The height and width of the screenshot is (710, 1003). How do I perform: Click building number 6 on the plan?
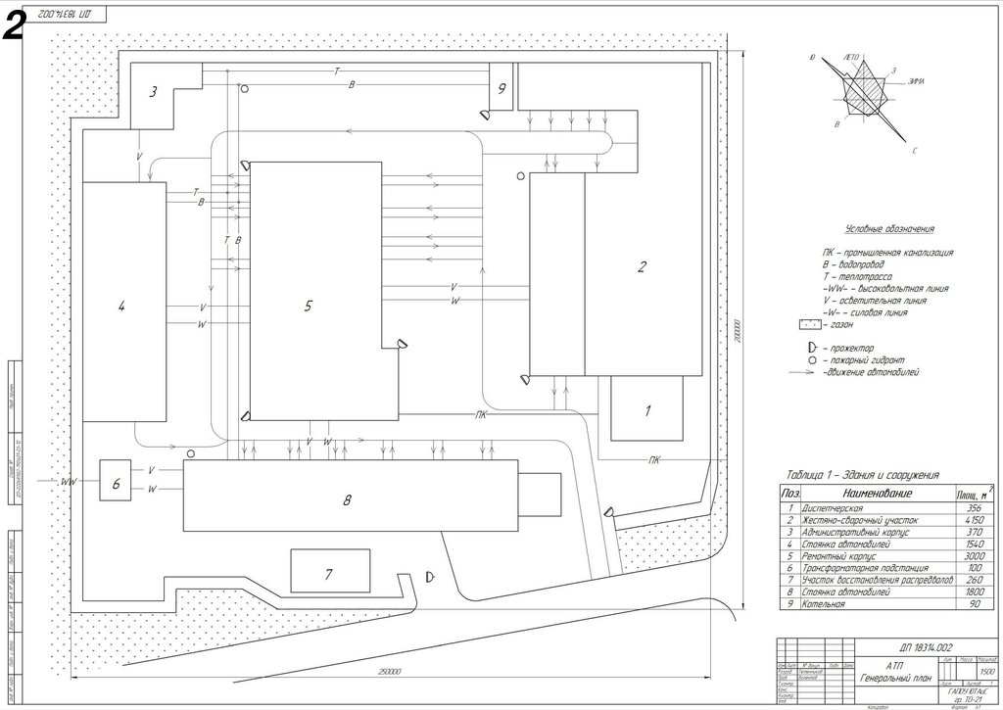(x=116, y=482)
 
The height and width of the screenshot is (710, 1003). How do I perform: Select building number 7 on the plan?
(x=330, y=572)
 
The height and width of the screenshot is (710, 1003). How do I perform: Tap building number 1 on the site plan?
(x=646, y=411)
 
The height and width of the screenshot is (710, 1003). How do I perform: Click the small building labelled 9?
(x=501, y=88)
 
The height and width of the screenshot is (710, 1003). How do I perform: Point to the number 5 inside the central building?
(x=308, y=307)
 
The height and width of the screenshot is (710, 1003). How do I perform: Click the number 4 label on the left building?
(x=121, y=307)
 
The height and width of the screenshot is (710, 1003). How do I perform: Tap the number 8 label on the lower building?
(x=347, y=500)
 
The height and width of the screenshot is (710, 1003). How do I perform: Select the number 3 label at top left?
(x=153, y=93)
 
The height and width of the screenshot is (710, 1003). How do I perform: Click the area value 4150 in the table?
(x=969, y=522)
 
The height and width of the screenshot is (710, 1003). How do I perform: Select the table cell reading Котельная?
(x=823, y=605)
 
